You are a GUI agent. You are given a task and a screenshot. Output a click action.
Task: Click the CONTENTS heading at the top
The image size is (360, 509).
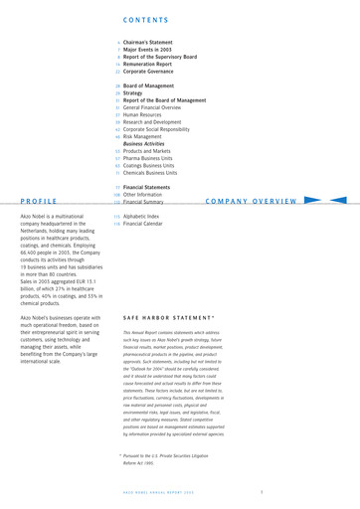[x=151, y=19]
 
